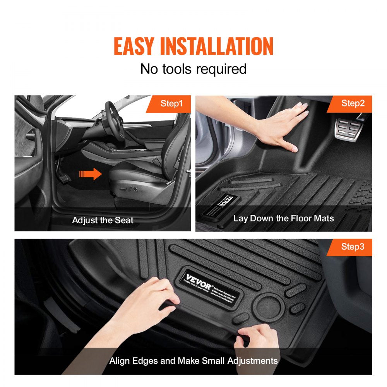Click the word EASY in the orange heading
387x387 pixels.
point(134,46)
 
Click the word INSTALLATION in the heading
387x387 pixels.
point(217,46)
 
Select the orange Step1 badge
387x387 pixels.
point(171,103)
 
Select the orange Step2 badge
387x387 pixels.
point(352,103)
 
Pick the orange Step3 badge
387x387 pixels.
point(352,247)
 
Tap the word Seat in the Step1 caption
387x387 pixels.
point(124,221)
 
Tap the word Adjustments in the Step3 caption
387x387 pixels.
point(253,361)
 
